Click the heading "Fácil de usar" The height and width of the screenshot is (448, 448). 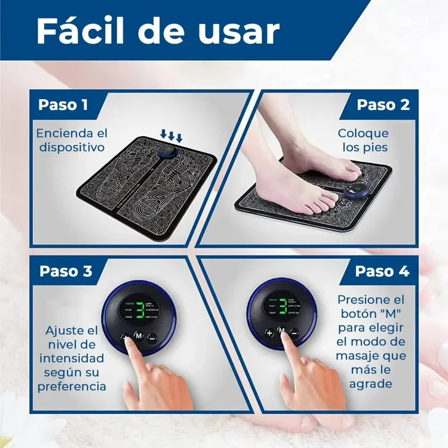158,31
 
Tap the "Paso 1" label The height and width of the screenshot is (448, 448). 63,105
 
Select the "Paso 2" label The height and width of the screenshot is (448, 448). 383,105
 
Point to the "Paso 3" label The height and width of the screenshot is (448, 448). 66,271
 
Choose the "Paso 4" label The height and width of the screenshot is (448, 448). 382,271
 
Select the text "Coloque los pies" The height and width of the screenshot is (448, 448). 363,140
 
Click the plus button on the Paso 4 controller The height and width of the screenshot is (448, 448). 269,332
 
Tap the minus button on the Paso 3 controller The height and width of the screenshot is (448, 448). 152,337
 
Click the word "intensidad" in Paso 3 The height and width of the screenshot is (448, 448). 72,358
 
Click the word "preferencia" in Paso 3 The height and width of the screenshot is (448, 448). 72,386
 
